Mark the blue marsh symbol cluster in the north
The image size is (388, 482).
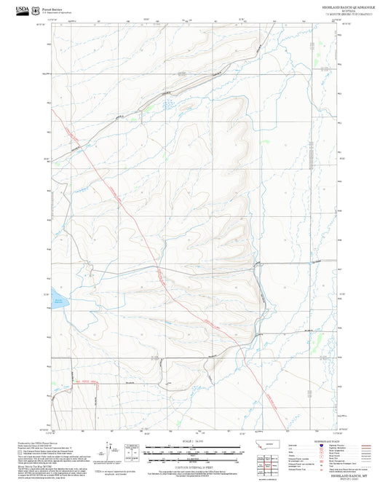coord(169,104)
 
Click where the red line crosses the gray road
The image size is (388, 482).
coord(155,267)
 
